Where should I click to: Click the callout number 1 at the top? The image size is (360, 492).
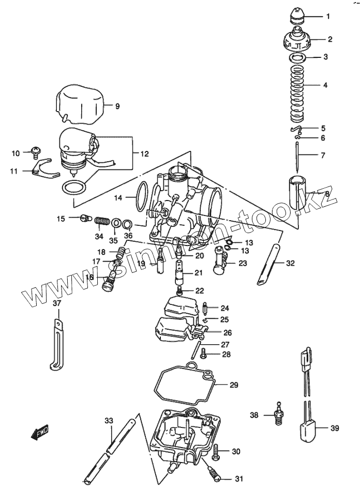(x=328, y=17)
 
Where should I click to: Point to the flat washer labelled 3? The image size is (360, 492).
(x=297, y=58)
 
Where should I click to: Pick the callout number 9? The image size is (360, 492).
(x=117, y=106)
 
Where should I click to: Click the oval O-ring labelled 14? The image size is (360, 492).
(x=137, y=197)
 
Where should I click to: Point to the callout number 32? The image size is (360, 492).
(x=290, y=263)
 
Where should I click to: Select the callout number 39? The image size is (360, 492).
(x=335, y=428)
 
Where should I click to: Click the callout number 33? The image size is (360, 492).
(x=109, y=420)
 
